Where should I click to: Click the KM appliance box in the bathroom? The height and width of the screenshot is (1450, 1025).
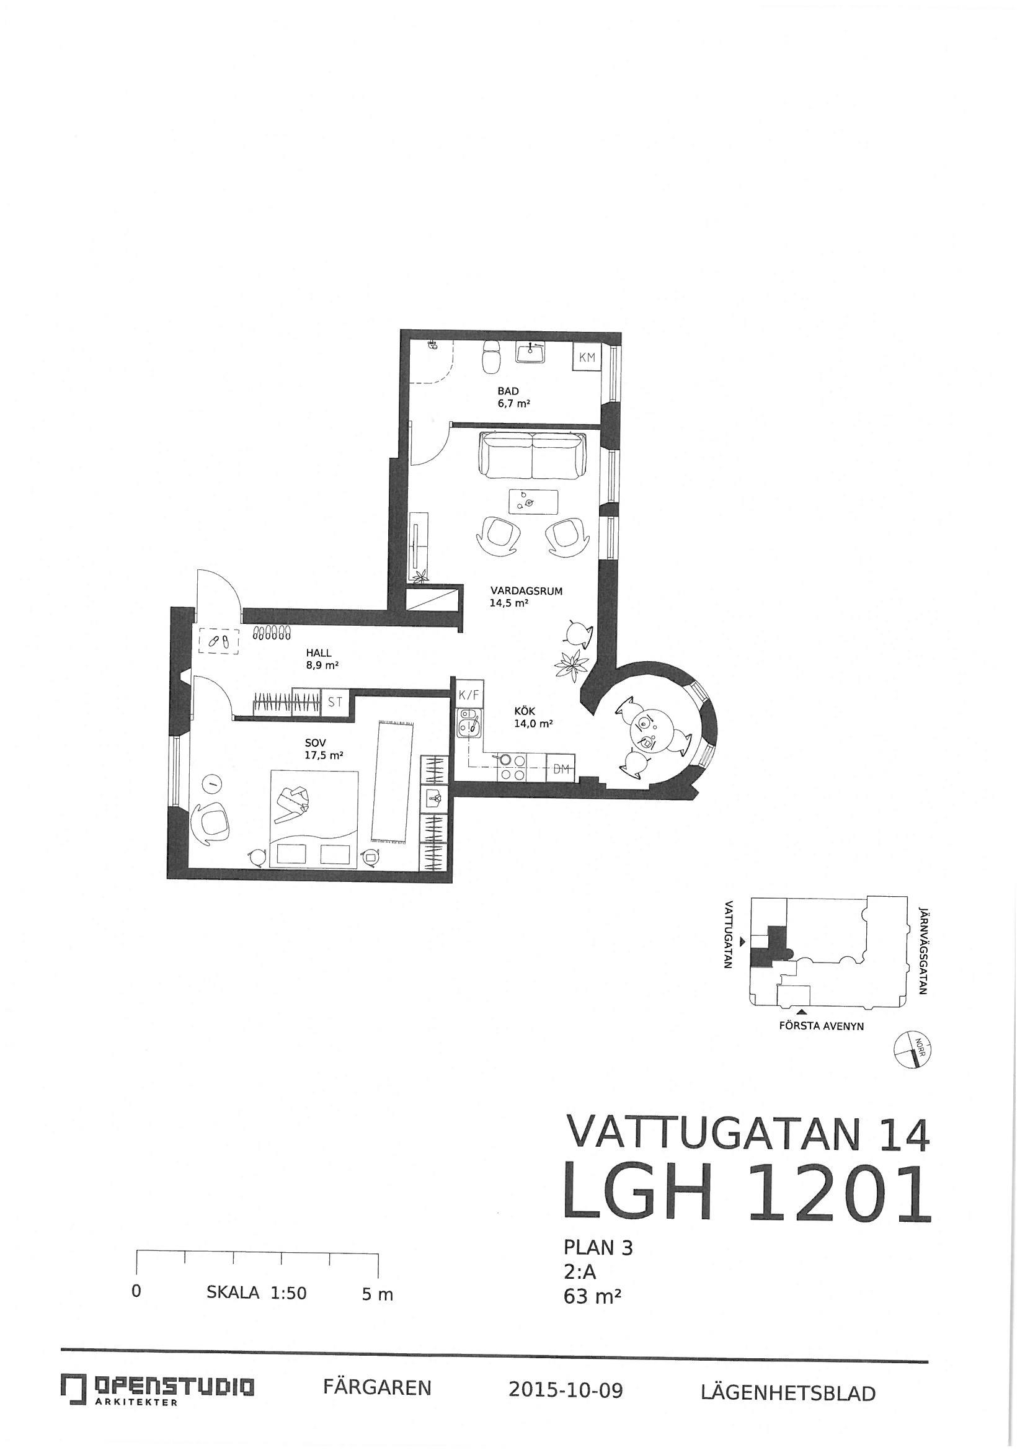(x=587, y=357)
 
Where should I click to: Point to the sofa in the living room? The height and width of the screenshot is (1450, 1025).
(x=533, y=455)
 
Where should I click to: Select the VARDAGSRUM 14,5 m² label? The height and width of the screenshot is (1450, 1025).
(x=526, y=597)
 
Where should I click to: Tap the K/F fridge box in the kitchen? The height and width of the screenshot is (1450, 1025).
(x=469, y=695)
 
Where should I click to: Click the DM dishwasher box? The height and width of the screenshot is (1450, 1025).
(x=561, y=768)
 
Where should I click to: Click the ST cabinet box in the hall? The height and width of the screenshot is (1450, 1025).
(x=335, y=701)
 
